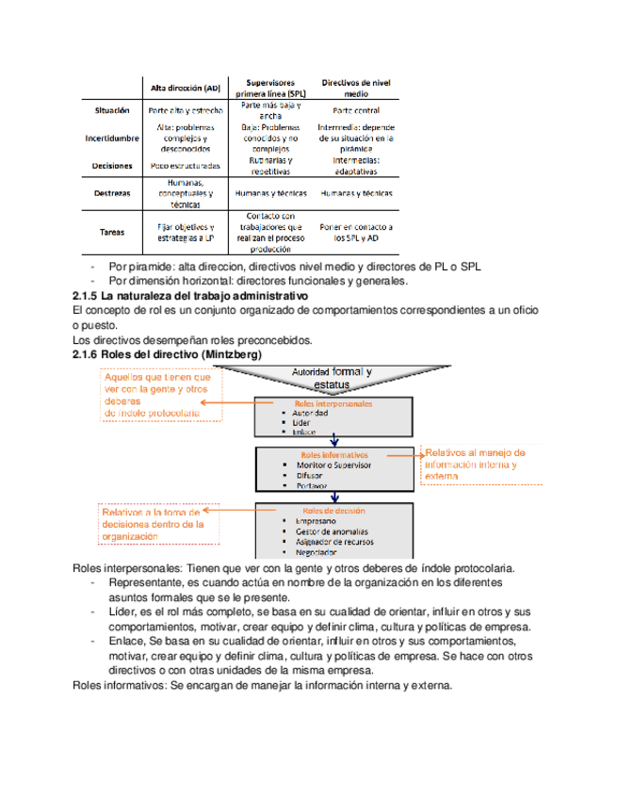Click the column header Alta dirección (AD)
(185, 89)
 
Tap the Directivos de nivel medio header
(354, 88)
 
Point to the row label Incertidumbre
(112, 138)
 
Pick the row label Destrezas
(113, 193)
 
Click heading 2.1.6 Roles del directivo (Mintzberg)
(167, 353)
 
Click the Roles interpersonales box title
(333, 403)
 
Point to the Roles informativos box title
(334, 454)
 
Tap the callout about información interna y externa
(473, 465)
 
